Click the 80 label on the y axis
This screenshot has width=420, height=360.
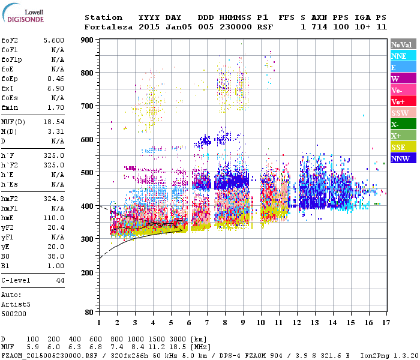(x=89, y=312)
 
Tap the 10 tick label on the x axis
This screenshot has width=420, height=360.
(x=260, y=322)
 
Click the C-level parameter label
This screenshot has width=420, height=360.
(x=16, y=280)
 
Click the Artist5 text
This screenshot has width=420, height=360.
(x=16, y=304)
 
